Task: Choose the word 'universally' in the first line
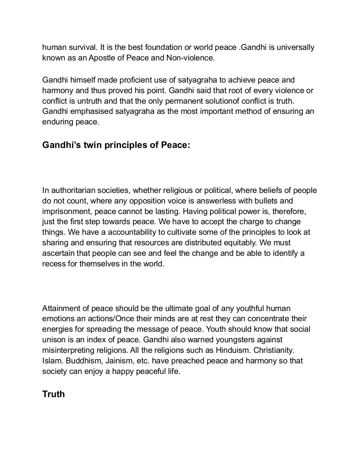tap(295, 47)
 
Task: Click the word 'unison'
tap(53, 340)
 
